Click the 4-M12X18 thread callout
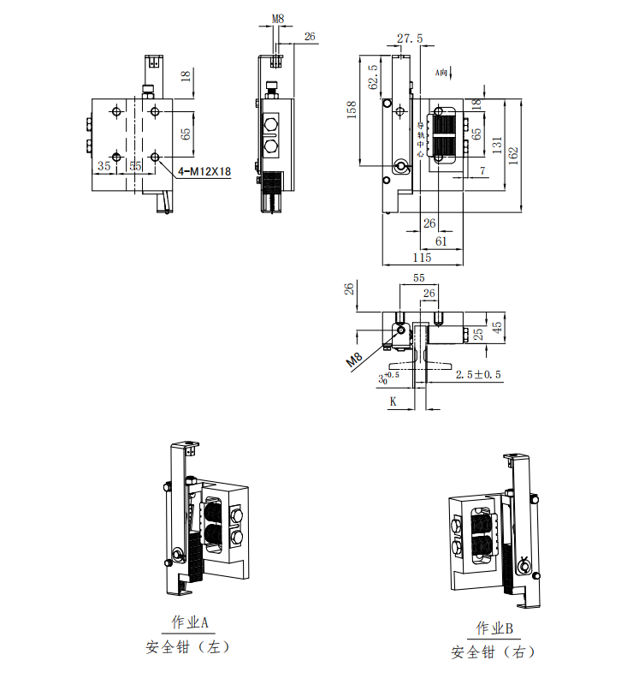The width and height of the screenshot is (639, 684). [205, 172]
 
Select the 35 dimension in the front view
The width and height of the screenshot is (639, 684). [104, 164]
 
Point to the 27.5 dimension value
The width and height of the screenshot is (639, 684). [410, 38]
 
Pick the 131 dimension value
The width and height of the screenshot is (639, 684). [497, 146]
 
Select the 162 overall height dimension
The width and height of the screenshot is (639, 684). [513, 155]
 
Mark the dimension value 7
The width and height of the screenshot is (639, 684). [482, 172]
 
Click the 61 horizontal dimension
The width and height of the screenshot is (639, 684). [441, 241]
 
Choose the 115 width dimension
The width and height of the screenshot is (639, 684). [422, 258]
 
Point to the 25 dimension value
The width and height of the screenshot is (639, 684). [479, 333]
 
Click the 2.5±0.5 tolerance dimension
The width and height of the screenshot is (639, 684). [478, 375]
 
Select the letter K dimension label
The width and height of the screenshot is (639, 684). [393, 401]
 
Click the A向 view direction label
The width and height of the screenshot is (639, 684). [442, 73]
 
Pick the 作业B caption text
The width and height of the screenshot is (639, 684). [494, 629]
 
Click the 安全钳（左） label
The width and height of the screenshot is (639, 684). [188, 647]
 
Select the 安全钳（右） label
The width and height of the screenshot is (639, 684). [494, 652]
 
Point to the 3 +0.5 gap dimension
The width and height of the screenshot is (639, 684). [388, 377]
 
